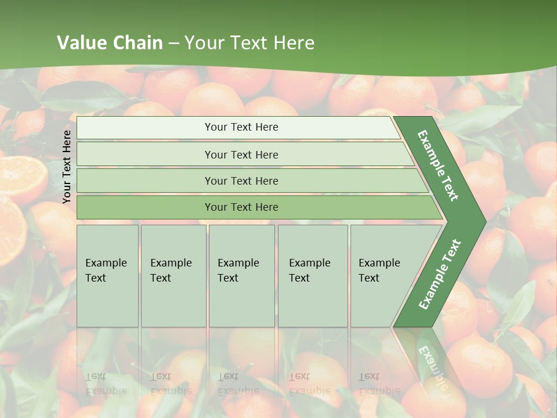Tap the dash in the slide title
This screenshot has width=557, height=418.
click(174, 44)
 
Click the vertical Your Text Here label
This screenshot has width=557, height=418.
click(67, 167)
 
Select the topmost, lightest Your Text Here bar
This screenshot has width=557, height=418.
click(241, 127)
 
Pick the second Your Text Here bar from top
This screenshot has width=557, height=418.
click(241, 154)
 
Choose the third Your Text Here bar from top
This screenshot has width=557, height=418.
click(241, 181)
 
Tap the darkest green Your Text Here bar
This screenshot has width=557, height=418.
click(241, 207)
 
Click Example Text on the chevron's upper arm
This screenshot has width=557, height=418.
click(438, 165)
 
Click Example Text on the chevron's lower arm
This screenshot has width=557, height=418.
click(439, 275)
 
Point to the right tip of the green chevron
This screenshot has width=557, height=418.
click(484, 221)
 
